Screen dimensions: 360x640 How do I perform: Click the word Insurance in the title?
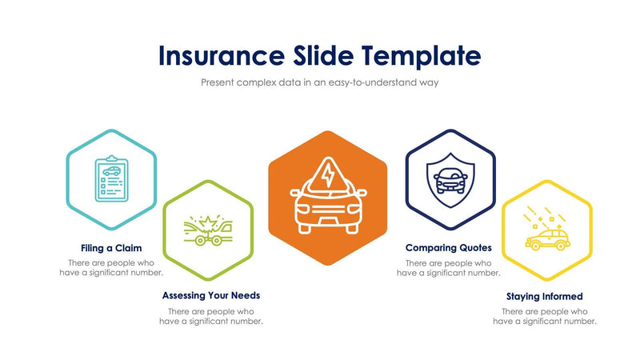pyautogui.click(x=219, y=55)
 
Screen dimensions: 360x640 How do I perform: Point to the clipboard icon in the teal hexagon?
pyautogui.click(x=110, y=178)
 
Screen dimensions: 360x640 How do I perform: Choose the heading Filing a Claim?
pyautogui.click(x=111, y=248)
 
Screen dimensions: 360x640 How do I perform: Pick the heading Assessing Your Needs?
pyautogui.click(x=211, y=296)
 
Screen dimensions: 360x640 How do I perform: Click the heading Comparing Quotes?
pyautogui.click(x=449, y=248)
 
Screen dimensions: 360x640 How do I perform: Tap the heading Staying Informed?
pyautogui.click(x=545, y=296)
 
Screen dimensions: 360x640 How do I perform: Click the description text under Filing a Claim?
pyautogui.click(x=111, y=268)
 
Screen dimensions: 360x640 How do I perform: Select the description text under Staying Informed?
pyautogui.click(x=545, y=316)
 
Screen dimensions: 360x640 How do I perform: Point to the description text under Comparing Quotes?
pyautogui.click(x=449, y=268)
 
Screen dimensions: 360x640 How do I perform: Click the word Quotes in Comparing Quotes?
pyautogui.click(x=474, y=248)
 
